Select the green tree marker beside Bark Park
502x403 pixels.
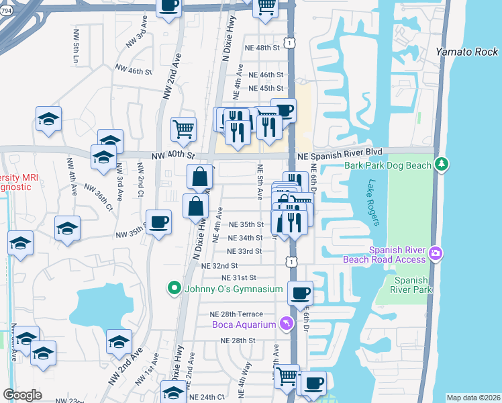442,163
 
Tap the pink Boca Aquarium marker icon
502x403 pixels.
287,324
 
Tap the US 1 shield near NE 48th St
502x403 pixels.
287,44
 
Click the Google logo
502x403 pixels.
22,395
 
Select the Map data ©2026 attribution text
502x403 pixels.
473,398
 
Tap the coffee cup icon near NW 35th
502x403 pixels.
159,222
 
